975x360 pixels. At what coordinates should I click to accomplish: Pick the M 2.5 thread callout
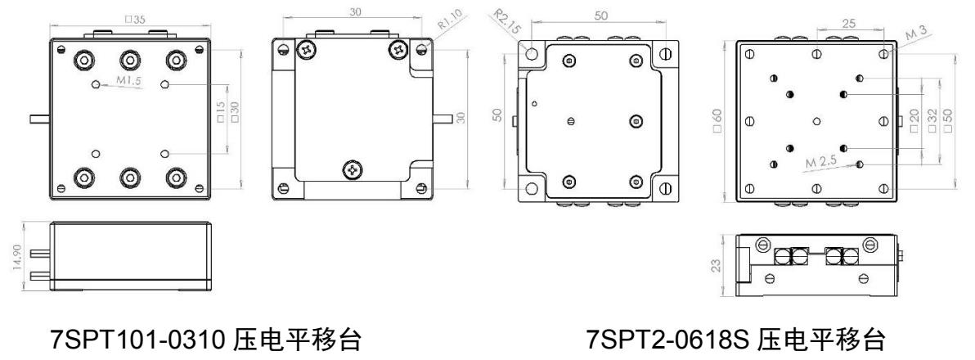click(823, 162)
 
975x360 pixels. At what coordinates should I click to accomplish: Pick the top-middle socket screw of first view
click(129, 61)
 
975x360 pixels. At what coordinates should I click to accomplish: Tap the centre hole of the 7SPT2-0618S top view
click(817, 121)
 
